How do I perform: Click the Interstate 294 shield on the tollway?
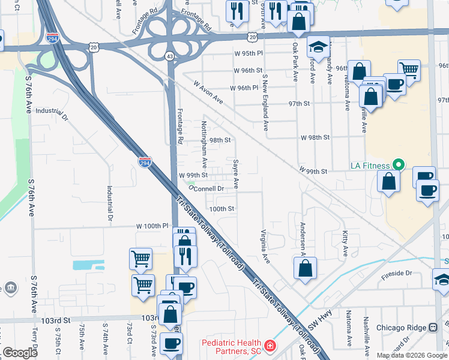pos(145,162)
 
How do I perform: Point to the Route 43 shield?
pos(170,56)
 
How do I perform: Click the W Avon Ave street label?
pos(208,93)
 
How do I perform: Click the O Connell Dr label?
pos(207,188)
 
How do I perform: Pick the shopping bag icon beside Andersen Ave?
pos(305,268)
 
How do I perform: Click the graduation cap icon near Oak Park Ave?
pos(318,47)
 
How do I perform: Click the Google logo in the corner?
pos(20,353)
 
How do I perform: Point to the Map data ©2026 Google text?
pos(412,355)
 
